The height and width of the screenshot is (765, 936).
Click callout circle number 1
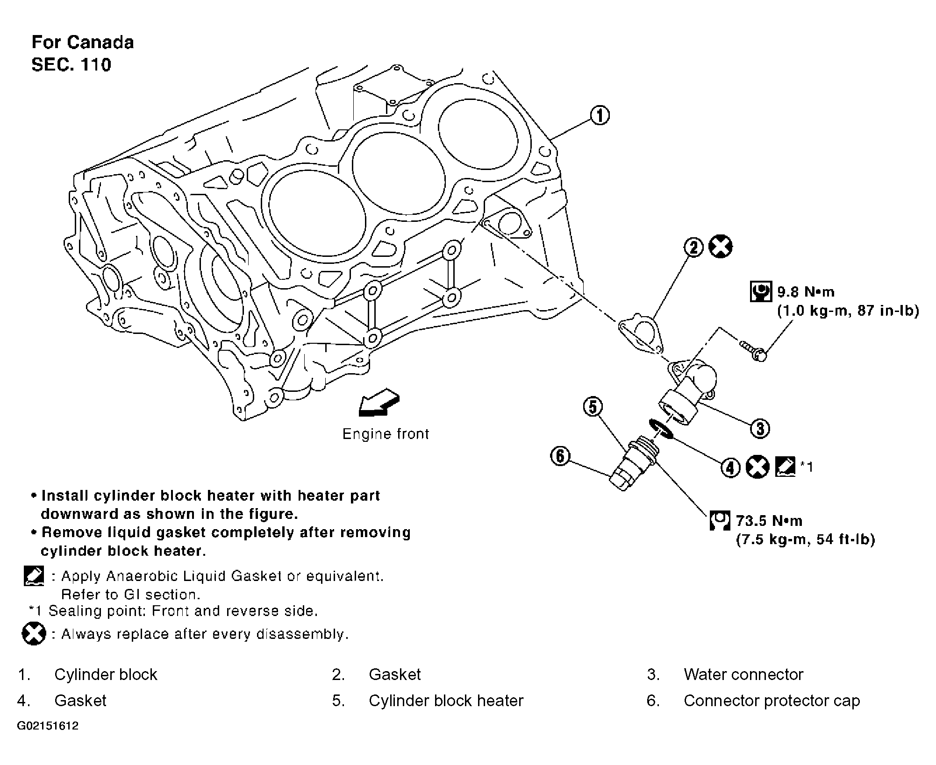[600, 115]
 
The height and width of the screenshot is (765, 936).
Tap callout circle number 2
[694, 247]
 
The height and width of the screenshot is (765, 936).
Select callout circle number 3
[760, 428]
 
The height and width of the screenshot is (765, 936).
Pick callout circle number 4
[730, 467]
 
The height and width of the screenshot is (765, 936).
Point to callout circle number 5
[593, 407]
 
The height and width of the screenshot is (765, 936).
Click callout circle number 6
[560, 456]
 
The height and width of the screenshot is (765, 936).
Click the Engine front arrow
[379, 403]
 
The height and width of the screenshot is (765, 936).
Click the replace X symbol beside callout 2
[721, 247]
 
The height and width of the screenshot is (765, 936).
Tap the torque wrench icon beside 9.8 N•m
[761, 291]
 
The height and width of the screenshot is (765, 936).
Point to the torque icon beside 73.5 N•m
[720, 520]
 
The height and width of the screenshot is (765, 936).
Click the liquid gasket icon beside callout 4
[785, 467]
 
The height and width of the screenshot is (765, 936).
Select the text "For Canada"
[83, 42]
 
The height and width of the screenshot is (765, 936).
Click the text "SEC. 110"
[71, 64]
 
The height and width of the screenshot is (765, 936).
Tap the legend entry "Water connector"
[743, 674]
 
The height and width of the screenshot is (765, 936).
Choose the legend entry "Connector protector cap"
[772, 701]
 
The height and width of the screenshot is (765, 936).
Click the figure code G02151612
[48, 726]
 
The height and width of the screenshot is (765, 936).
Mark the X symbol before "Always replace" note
[34, 634]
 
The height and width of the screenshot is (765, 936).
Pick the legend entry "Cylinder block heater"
[446, 701]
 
